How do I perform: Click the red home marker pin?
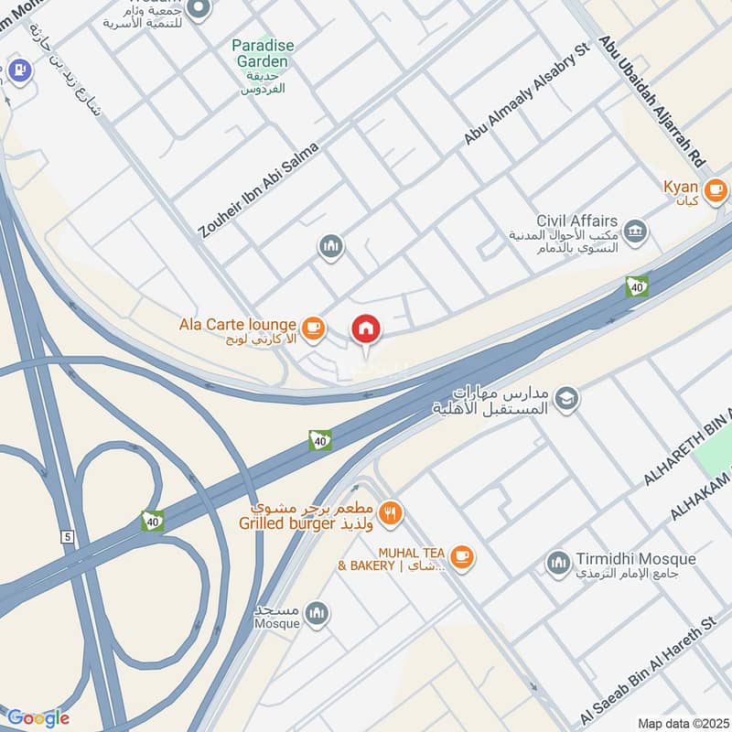point(366,328)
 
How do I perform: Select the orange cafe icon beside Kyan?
point(715,190)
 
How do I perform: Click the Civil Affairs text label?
point(577,221)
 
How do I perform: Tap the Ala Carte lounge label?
point(237,325)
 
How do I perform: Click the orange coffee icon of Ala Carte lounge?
point(313,326)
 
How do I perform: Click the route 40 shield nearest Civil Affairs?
point(637,286)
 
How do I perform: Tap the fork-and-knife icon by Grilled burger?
point(391,513)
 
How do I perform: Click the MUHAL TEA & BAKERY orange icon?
point(462,555)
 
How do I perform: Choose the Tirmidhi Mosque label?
point(636,559)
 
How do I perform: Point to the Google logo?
point(38,717)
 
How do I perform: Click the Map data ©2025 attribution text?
point(682,723)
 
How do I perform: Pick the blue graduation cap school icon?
point(566,398)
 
